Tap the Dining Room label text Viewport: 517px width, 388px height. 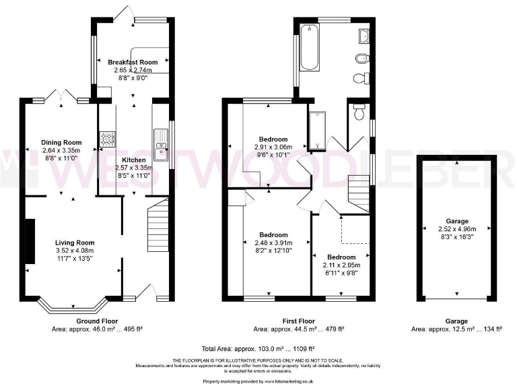tap(61, 142)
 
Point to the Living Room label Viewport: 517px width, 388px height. tap(74, 243)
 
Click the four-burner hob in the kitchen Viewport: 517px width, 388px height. tap(107, 139)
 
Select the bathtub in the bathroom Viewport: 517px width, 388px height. tap(310, 47)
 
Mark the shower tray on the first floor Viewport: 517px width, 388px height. tap(317, 131)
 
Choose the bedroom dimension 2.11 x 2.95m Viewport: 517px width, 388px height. tap(341, 265)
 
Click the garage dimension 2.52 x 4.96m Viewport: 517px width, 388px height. tap(456, 228)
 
